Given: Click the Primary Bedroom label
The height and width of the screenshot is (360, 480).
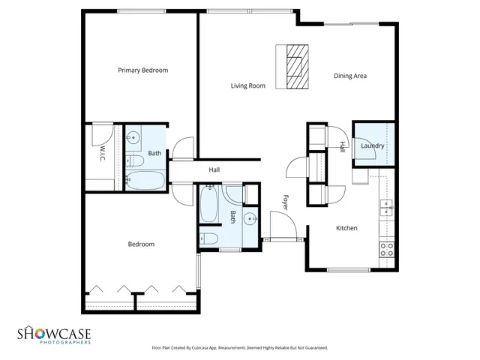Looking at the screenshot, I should pos(142,70).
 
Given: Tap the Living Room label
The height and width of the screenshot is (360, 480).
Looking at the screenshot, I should pos(247,86).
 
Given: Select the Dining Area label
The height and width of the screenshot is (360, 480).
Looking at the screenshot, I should pos(349,75).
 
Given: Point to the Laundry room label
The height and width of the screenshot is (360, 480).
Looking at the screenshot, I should pos(372,146).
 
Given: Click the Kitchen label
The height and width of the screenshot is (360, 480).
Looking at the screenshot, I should pos(346,228).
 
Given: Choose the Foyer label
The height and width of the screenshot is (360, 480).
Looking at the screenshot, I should pos(285,202).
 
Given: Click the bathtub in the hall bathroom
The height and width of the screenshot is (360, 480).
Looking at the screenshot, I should pos(209,205).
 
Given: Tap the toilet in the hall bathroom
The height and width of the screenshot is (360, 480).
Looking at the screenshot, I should pos(208,239).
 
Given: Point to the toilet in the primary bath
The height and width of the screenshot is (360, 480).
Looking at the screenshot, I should pos(136,160).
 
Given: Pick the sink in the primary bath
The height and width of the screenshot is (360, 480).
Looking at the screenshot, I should pos(133,137).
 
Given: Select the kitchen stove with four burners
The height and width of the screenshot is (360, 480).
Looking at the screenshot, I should pos(387,249).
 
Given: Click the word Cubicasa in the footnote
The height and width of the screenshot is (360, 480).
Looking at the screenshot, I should pos(195,348).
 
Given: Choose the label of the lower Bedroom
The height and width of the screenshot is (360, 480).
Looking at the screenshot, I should pos(141,244).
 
